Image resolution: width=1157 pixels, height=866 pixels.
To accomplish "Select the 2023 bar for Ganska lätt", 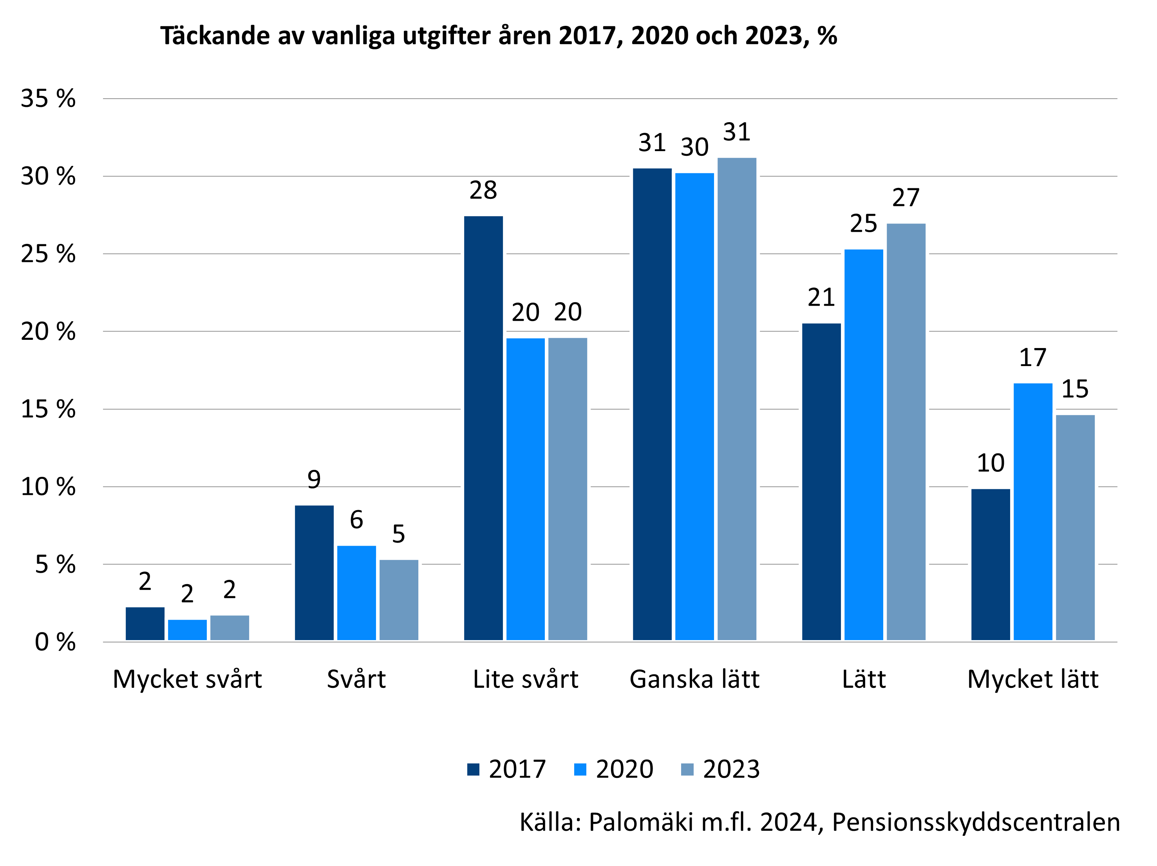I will point(736,399).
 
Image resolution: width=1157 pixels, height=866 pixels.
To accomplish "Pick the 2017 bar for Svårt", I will point(314,573).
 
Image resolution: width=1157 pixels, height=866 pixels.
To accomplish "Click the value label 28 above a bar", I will point(483,190).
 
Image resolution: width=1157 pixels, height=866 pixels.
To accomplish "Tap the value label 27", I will point(906,198).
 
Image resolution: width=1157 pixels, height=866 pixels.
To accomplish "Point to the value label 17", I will point(1032,358).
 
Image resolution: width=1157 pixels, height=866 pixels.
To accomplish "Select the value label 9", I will point(314,480).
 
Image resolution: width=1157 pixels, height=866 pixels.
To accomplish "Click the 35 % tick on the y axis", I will point(48,98).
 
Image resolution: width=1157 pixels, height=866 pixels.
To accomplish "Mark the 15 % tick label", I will point(48,409).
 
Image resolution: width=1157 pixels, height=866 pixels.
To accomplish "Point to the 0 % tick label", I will point(55,642).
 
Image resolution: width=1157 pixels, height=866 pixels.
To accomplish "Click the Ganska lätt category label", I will point(694,679).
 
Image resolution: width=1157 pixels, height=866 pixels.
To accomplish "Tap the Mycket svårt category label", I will point(187,679).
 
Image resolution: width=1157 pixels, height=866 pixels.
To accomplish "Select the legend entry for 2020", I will point(613,769).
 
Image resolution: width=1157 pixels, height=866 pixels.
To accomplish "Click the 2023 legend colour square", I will point(687,769).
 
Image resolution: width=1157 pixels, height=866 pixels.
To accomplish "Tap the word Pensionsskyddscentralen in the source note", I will point(976,823).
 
